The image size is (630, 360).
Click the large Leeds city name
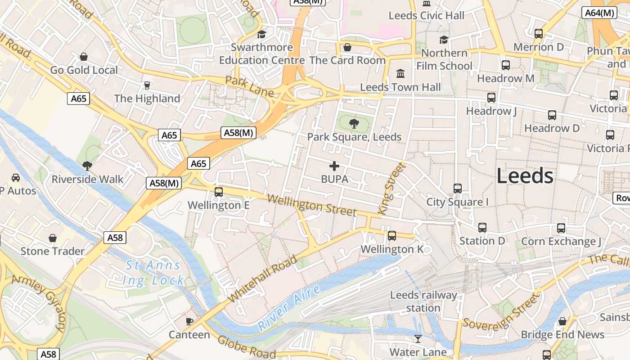pos(525,175)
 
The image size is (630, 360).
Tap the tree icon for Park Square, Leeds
pos(354,123)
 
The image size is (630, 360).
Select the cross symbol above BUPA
pos(334,166)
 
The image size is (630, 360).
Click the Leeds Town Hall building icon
pos(400,73)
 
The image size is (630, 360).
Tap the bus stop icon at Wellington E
pos(219,192)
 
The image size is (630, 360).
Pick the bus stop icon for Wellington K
pos(392,235)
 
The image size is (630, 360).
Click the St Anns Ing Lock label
pos(153,273)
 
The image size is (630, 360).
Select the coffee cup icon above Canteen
pos(189,321)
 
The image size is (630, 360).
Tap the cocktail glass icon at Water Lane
pos(418,338)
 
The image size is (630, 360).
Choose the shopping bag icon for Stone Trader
pos(53,238)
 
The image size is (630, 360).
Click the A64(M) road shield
pos(599,13)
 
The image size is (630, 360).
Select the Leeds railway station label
pos(423,301)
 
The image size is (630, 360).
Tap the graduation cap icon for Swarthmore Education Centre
pos(261,34)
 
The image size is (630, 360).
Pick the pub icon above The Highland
pos(147,85)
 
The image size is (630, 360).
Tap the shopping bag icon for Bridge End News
pos(562,321)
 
